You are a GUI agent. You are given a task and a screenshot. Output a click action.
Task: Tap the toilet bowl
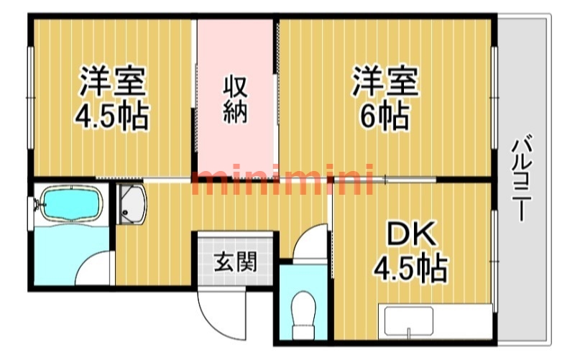pyautogui.click(x=303, y=310)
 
